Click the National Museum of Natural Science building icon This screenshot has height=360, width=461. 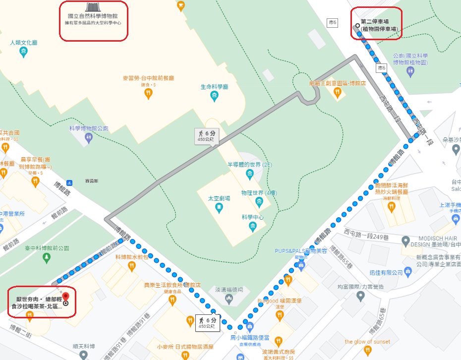(x=92, y=7)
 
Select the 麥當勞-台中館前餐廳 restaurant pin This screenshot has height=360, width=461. (x=148, y=93)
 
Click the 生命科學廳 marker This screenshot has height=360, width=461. (x=214, y=95)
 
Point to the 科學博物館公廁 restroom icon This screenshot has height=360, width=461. (x=89, y=137)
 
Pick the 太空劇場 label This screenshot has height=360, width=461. (x=219, y=198)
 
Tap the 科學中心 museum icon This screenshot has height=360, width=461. (x=253, y=227)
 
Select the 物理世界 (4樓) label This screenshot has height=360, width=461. (x=258, y=192)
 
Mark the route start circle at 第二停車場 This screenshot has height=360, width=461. (x=357, y=25)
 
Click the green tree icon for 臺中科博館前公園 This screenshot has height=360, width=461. (x=47, y=257)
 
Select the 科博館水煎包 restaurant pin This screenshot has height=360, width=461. (x=131, y=266)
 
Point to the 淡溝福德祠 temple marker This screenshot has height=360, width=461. (x=229, y=299)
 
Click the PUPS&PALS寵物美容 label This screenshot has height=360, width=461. (x=301, y=250)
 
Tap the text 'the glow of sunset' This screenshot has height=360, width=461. (x=367, y=342)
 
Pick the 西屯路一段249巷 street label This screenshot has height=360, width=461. (x=368, y=232)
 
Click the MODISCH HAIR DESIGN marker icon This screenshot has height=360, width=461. (x=406, y=242)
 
